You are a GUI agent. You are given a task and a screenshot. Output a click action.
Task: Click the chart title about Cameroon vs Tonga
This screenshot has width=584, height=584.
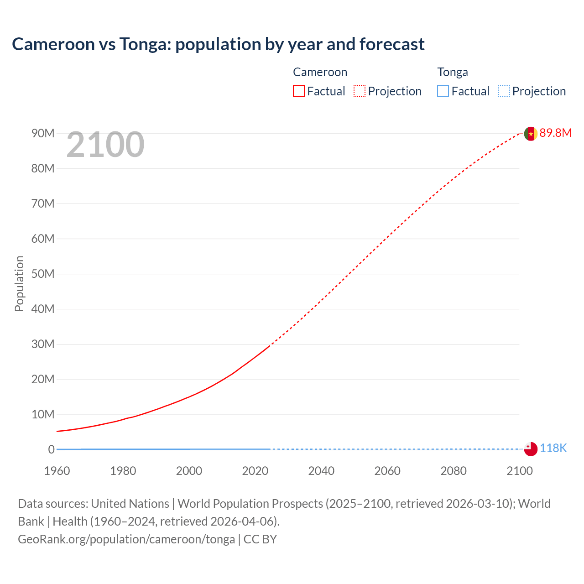pos(218,44)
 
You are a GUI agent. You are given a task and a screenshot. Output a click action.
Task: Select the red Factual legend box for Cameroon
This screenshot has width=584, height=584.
pos(298,91)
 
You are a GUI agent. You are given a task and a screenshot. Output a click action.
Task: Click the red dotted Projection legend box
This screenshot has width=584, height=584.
pos(360,91)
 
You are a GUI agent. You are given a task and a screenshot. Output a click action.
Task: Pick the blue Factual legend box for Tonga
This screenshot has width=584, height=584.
pos(443,91)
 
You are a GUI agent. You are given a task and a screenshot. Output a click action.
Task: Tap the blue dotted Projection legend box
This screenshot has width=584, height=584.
pos(504,91)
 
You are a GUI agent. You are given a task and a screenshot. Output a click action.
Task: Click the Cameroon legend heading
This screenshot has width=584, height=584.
pos(320,72)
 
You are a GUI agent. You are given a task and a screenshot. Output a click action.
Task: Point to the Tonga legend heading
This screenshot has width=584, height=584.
pos(452,72)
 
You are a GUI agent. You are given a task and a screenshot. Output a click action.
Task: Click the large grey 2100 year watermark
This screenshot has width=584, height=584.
pos(105,145)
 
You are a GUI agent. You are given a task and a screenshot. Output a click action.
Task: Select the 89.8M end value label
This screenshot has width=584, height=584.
pos(555,133)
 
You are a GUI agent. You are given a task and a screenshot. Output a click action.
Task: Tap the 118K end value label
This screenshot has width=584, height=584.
pos(553,448)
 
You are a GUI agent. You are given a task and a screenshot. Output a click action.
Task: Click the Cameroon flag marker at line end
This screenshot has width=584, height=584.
pos(531,134)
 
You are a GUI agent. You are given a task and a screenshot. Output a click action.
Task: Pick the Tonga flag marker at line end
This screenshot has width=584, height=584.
pos(531,449)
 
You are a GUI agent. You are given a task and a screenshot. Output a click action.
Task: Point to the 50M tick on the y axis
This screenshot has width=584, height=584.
pos(42,274)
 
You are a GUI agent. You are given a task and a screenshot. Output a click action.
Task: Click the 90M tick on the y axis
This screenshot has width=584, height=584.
pos(42,133)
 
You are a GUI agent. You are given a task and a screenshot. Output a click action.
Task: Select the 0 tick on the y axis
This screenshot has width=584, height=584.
pos(51,449)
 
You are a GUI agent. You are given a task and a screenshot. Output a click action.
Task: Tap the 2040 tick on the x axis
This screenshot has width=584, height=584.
pos(321,471)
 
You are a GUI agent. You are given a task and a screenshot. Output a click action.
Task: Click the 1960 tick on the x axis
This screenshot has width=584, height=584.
pos(57,471)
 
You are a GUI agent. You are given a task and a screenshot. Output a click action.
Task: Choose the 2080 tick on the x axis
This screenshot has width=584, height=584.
pos(454,471)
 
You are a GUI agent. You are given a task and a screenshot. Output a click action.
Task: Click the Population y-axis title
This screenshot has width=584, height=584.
pos(19,283)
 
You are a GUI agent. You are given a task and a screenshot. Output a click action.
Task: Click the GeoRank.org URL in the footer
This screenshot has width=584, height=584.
pos(126,539)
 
